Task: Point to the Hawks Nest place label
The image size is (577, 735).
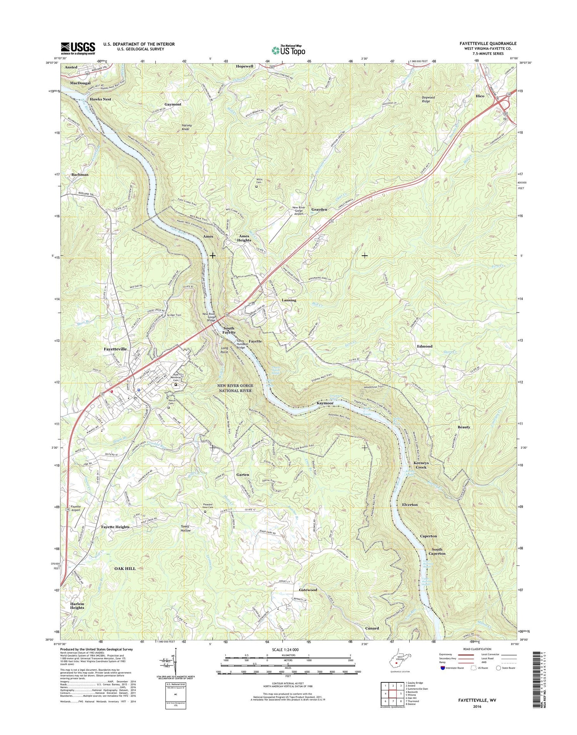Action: coord(100,99)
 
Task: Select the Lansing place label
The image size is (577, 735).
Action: coord(289,300)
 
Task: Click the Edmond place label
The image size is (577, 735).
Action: coord(425,346)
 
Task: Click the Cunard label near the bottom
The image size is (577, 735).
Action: coord(372,628)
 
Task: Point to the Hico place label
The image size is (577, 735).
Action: coord(480,96)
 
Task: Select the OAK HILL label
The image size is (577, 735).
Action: coord(125,568)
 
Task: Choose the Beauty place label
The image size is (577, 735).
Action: coord(464,427)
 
